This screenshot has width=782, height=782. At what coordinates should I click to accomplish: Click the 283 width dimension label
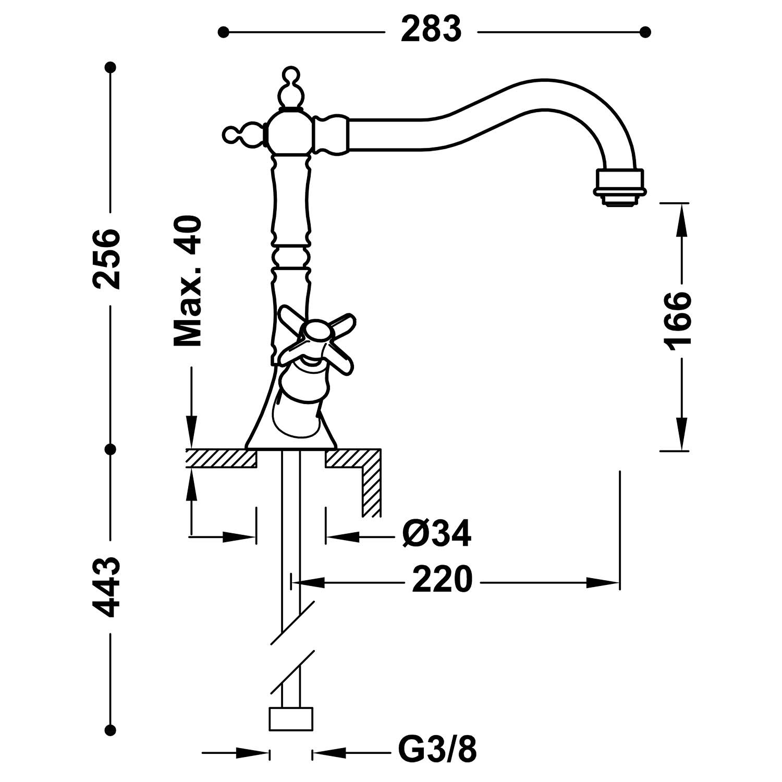431,30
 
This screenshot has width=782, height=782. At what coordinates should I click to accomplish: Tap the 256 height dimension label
107,258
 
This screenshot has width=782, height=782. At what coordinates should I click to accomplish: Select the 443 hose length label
107,586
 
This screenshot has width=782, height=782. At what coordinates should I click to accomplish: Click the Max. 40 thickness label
187,282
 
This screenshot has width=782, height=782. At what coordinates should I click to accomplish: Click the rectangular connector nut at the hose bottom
291,718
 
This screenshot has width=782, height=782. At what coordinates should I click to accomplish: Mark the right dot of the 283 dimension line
645,32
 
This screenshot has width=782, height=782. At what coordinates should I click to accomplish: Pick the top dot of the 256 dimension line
110,67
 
